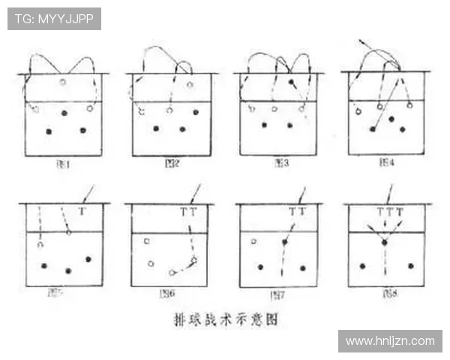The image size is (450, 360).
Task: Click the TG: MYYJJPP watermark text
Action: click(55, 19)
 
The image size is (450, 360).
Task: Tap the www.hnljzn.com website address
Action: click(390, 341)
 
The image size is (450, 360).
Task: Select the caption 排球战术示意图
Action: click(224, 319)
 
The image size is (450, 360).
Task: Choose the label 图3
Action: click(281, 163)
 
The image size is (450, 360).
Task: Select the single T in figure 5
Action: click(82, 212)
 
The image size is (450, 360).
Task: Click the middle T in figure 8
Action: click(389, 212)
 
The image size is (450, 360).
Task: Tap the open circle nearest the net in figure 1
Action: click(63, 82)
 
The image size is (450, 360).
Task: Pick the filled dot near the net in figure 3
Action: click(291, 81)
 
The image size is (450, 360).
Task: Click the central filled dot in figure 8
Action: click(385, 243)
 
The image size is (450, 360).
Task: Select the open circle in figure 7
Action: click(254, 241)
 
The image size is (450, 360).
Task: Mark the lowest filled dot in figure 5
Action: click(68, 271)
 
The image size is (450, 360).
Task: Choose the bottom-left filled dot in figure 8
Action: click(362, 266)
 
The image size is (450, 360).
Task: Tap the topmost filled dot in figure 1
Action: click(64, 113)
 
